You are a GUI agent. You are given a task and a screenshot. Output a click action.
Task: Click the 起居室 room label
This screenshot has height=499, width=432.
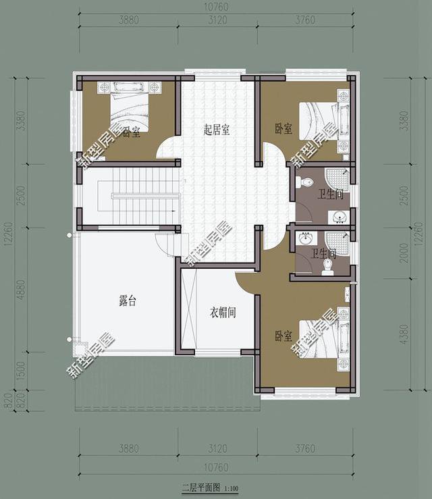[x=217, y=130]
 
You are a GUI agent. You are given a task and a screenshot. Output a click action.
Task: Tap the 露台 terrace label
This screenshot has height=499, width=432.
[x=127, y=302]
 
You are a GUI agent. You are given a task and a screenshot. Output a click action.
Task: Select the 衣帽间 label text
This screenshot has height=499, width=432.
[x=221, y=313]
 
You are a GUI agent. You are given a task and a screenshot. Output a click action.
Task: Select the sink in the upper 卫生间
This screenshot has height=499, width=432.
[x=340, y=216]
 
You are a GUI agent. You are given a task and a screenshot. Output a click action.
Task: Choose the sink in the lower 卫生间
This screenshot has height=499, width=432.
[x=305, y=238]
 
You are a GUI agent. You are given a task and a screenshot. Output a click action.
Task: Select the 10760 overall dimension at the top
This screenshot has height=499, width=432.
[x=215, y=7]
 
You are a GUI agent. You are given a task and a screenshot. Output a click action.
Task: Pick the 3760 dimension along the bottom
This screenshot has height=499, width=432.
[x=315, y=448]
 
